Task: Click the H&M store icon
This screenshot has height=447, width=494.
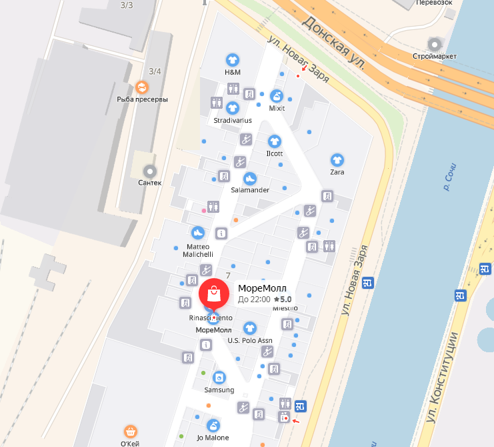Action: click(x=232, y=59)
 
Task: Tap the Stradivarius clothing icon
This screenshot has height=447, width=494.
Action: click(x=233, y=107)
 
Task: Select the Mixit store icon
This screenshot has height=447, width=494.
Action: click(x=277, y=95)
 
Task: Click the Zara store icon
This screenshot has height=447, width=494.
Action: click(x=337, y=160)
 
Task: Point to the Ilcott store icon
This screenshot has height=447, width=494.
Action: click(x=274, y=141)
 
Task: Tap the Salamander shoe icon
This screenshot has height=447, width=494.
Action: click(x=249, y=178)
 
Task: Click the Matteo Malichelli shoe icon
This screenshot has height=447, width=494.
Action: click(x=197, y=233)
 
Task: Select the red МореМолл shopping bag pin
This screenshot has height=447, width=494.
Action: click(x=214, y=294)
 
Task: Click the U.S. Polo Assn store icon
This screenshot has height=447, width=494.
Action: click(x=250, y=328)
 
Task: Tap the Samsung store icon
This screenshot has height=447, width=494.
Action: click(x=219, y=378)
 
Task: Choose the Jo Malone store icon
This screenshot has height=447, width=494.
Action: click(x=213, y=425)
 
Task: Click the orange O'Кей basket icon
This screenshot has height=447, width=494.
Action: click(x=131, y=432)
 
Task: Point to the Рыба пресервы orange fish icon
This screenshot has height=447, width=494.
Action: click(x=142, y=87)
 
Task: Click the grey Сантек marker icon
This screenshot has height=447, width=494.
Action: click(x=149, y=171)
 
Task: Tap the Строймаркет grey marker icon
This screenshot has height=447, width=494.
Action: click(x=435, y=45)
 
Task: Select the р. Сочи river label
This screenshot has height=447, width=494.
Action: click(x=453, y=176)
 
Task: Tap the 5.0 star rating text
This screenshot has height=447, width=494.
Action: click(x=283, y=300)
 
